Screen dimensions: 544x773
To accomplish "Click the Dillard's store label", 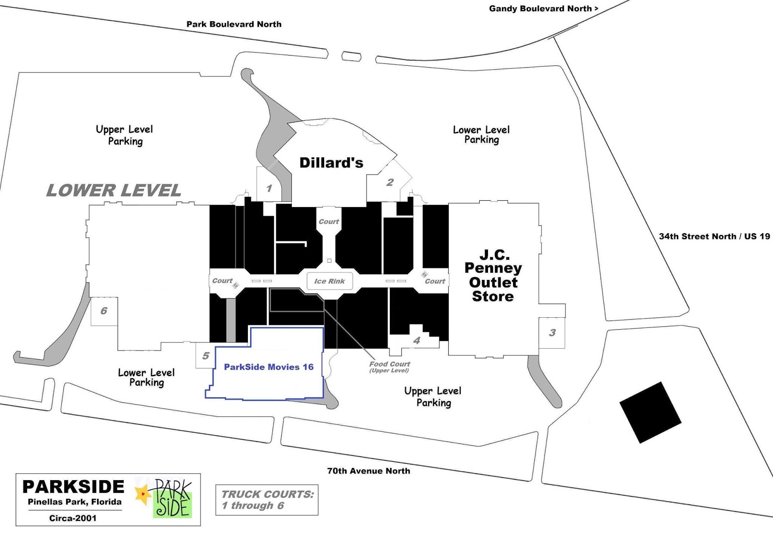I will tap(331, 163).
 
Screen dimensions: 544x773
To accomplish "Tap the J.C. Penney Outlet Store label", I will tap(493, 275).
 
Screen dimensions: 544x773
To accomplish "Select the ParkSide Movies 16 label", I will tap(269, 367).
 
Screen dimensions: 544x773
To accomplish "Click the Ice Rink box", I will tap(329, 281).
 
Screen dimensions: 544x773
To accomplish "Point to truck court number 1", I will tap(269, 188).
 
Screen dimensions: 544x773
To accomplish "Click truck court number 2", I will tap(390, 182).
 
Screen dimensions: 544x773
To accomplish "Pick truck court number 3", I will tap(552, 333).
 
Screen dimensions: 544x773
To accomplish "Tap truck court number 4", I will tap(416, 340).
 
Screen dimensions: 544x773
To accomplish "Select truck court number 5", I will tap(205, 356).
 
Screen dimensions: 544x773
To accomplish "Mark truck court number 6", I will tap(104, 311).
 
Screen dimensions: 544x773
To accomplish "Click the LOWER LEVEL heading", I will tap(114, 191).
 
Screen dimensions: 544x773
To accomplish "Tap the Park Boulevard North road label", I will tap(234, 24).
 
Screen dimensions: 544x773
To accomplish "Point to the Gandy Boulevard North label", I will tap(544, 9).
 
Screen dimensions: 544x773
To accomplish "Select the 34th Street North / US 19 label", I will tap(714, 236).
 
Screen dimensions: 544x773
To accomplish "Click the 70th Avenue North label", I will tap(369, 471).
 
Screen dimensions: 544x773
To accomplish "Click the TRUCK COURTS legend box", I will tap(267, 500).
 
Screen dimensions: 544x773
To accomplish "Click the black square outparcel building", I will tap(650, 412).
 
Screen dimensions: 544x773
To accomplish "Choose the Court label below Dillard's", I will tap(329, 221).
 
